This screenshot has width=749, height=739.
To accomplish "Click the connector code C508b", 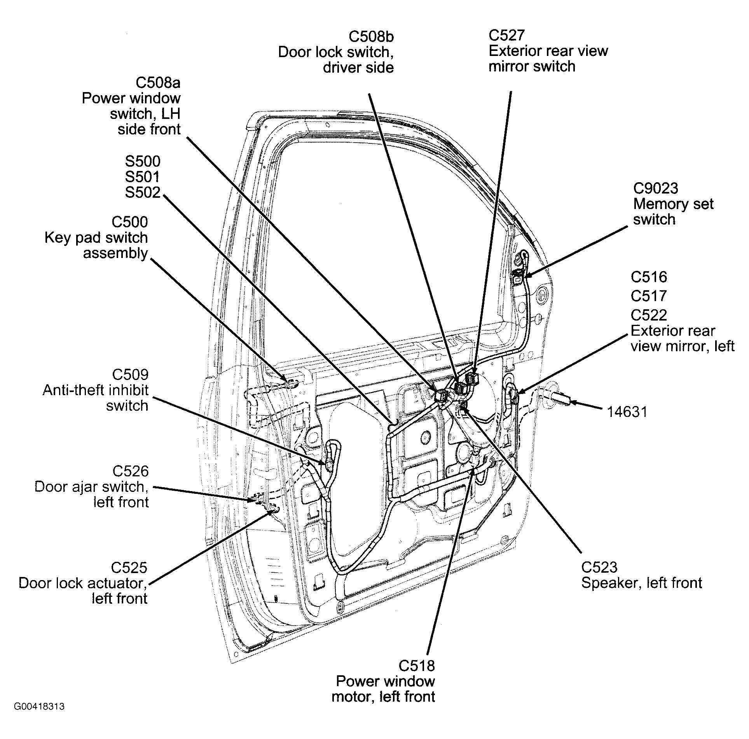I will pyautogui.click(x=371, y=37).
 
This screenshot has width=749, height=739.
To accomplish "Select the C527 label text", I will pyautogui.click(x=506, y=35).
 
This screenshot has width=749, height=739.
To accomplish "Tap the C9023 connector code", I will pyautogui.click(x=655, y=188).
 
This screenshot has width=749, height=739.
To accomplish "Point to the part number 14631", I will pyautogui.click(x=627, y=412).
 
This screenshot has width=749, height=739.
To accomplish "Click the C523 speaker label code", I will pyautogui.click(x=599, y=568).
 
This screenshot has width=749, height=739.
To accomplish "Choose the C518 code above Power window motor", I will pyautogui.click(x=417, y=666).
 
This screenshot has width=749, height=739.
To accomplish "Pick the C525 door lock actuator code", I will pyautogui.click(x=129, y=568).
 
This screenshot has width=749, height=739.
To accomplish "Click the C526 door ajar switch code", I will pyautogui.click(x=131, y=471).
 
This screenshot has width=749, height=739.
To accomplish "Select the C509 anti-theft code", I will pyautogui.click(x=130, y=375).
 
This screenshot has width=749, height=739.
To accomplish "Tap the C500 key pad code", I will pyautogui.click(x=129, y=222).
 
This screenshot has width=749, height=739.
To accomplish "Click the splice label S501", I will pyautogui.click(x=142, y=177).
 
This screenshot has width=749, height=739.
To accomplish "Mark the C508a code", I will pyautogui.click(x=158, y=83).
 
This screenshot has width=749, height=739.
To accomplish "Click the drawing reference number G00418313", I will pyautogui.click(x=39, y=717).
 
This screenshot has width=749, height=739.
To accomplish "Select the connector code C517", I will pyautogui.click(x=649, y=296).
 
